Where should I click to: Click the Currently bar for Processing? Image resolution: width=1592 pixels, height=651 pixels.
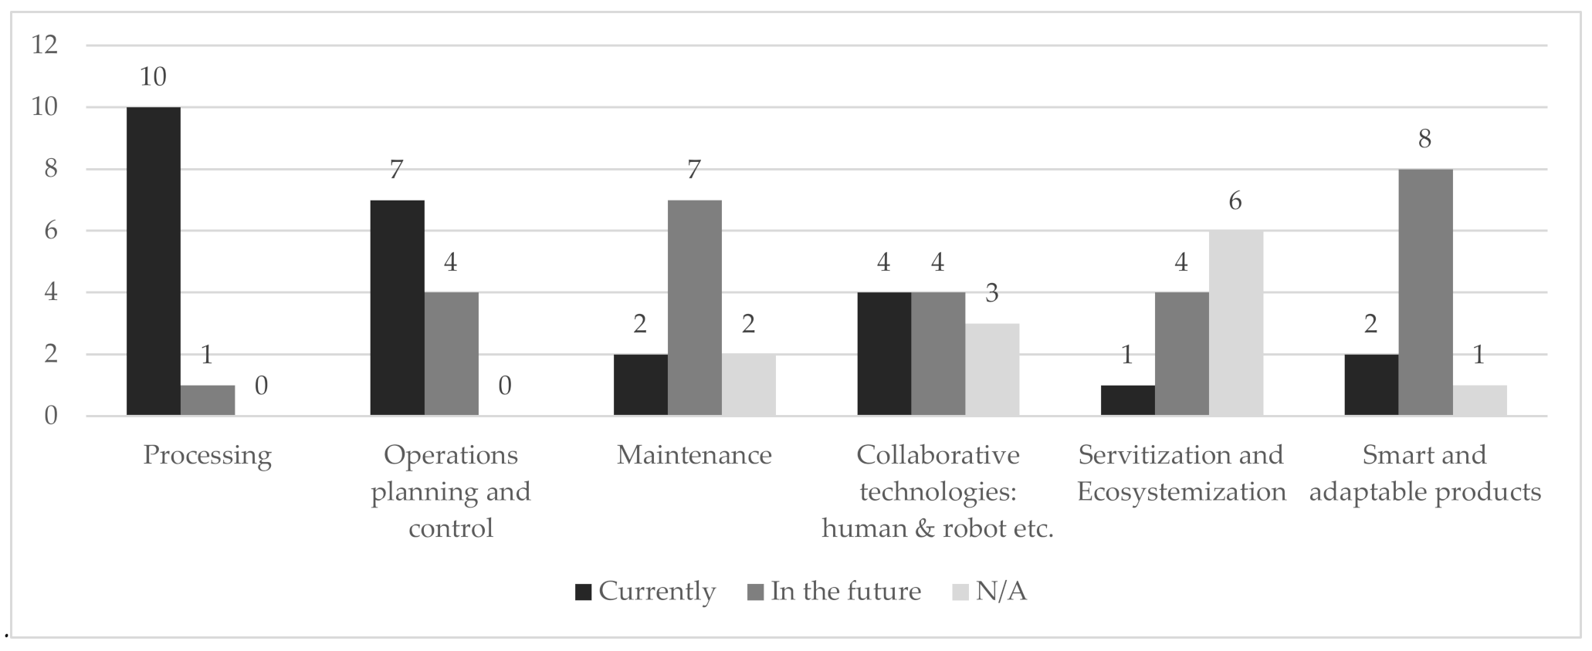pos(154,261)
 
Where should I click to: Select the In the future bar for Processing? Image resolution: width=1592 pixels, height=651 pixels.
pos(208,400)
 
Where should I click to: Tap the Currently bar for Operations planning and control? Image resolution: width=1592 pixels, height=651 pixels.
pos(397,308)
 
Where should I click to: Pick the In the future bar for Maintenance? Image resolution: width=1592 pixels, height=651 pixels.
pos(694,308)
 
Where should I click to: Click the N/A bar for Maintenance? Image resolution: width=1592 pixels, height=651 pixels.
pos(748,385)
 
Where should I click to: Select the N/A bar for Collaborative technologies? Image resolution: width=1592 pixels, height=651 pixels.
pos(992,369)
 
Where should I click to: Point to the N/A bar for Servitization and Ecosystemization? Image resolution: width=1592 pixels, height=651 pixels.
pos(1235,323)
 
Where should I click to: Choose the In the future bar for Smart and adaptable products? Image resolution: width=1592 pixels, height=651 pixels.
pos(1425,292)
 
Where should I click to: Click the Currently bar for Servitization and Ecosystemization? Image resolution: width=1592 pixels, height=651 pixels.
pos(1127,400)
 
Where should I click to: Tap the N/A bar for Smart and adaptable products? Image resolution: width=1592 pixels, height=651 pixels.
pos(1479,400)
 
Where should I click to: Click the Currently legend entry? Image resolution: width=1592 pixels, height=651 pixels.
pos(645,592)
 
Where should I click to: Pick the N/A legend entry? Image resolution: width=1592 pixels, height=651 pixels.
pos(991,592)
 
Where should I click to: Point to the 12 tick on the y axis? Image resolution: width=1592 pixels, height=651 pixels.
pos(45,45)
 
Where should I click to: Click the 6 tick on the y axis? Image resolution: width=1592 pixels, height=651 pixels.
pos(51,231)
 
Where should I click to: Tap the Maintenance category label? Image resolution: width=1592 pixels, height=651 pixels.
pos(694,455)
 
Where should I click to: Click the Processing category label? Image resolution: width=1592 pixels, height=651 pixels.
pos(207,455)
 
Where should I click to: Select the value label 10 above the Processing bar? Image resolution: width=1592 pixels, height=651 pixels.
pos(153,76)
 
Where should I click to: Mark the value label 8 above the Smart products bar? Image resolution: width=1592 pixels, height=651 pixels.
pos(1425,139)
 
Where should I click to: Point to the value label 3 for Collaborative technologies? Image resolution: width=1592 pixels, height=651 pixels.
pos(992,293)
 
